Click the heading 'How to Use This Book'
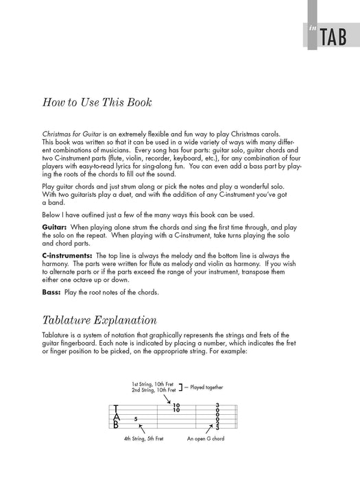(97, 103)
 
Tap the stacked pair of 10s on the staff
(176, 407)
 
